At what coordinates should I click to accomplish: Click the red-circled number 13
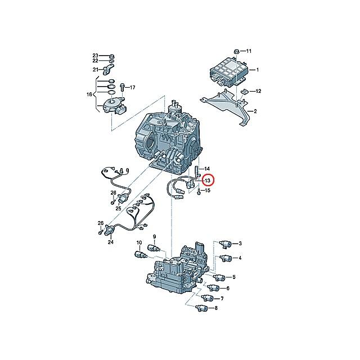(208, 181)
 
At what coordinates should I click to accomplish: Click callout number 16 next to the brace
(88, 94)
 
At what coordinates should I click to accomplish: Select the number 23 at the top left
(96, 55)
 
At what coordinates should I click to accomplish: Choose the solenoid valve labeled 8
(202, 308)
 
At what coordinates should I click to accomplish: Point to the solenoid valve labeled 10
(139, 254)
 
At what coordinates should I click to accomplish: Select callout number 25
(119, 208)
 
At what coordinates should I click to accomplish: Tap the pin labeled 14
(196, 170)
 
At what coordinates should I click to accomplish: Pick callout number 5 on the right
(233, 277)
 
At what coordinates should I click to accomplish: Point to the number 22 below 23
(96, 61)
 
